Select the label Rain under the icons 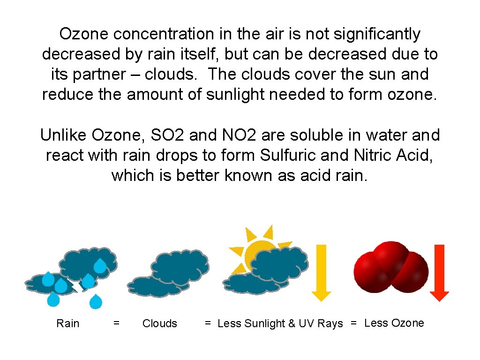tap(68, 323)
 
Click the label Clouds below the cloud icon tap(160, 323)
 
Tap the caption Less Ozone tap(394, 323)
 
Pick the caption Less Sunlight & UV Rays tap(280, 323)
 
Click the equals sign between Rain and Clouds tap(117, 323)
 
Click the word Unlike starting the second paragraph tap(64, 135)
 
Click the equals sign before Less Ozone tap(354, 323)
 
